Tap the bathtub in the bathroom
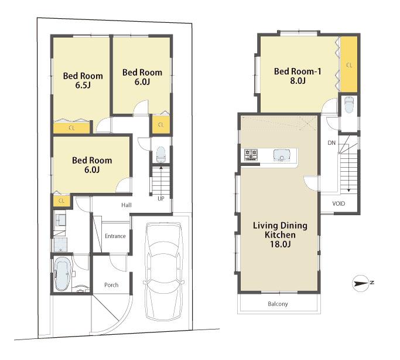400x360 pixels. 63,274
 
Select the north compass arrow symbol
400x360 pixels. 362,284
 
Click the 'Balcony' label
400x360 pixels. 278,304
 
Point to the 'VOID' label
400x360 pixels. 339,203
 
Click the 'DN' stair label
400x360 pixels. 331,142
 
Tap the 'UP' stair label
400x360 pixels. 160,198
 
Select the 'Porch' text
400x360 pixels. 111,285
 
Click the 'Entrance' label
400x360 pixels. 115,236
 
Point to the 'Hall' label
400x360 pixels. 126,205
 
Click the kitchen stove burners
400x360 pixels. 251,155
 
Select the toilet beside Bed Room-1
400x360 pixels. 349,106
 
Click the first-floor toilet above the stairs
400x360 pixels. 160,155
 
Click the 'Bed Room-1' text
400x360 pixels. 298,72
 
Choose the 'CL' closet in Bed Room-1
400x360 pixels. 349,64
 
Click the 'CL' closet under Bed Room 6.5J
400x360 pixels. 71,127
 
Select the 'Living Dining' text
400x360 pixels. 280,225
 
